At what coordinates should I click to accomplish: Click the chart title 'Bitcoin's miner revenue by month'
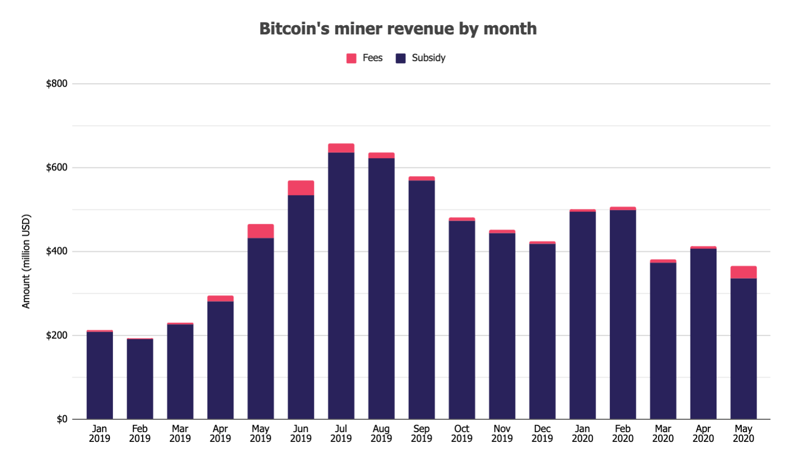coord(398,29)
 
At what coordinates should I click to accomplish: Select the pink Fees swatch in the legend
coord(351,58)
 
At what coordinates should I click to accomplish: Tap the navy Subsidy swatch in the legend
coord(401,58)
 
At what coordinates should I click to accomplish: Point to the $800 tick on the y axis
coord(56,84)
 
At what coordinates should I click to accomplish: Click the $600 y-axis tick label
coord(56,168)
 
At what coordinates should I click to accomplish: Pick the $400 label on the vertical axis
coord(56,251)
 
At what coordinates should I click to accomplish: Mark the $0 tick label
coord(62,419)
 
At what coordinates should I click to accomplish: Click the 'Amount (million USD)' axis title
coord(26,261)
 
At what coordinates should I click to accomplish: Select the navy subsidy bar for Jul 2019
coord(341,285)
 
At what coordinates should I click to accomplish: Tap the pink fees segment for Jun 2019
coord(301,188)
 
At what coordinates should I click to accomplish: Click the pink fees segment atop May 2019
coord(261,231)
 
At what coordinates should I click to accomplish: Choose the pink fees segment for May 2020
coord(743,272)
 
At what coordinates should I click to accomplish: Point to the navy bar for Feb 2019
coord(140,379)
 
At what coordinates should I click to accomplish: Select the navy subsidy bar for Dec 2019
coord(542,331)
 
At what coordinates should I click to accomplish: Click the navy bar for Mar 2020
coord(663,341)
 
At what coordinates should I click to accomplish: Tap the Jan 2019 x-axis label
coord(100,433)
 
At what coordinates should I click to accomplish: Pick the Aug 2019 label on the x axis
coord(381,433)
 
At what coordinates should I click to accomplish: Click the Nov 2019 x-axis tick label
coord(502,433)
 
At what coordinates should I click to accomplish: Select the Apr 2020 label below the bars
coord(703,433)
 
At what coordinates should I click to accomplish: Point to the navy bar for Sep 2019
coord(422,300)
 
